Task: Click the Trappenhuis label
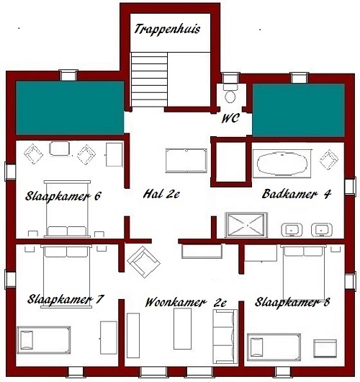[167, 30]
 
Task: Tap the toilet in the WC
[230, 94]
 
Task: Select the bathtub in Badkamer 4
[282, 164]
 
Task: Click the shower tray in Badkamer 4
[246, 225]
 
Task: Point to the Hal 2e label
[161, 194]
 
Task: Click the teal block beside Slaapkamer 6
[70, 107]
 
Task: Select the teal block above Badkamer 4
[298, 110]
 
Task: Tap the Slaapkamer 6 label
[63, 196]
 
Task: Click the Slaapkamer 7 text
[66, 299]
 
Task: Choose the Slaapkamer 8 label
[292, 302]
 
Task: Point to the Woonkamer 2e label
[186, 303]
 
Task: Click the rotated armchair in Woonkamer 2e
[143, 262]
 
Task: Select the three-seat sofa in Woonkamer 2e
[225, 337]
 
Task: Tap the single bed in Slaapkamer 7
[44, 340]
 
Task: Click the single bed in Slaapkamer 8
[274, 347]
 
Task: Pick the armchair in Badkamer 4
[329, 159]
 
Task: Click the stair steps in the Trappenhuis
[149, 79]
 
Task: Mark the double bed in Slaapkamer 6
[67, 209]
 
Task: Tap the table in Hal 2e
[186, 161]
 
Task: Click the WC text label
[230, 118]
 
